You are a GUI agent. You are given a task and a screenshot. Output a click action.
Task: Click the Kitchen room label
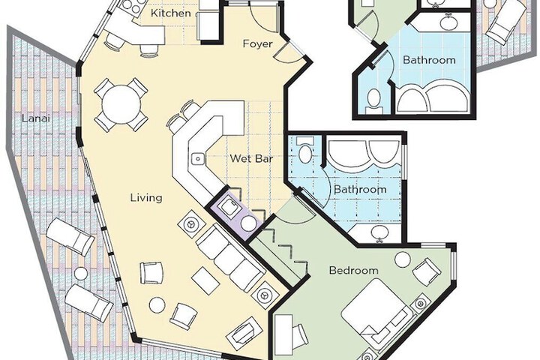click(171, 13)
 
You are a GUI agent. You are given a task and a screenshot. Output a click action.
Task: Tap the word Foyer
click(257, 44)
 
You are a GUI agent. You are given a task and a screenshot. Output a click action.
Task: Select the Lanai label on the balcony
click(36, 118)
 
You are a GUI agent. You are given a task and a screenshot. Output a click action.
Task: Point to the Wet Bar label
click(251, 158)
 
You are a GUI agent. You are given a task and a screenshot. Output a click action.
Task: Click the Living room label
click(146, 198)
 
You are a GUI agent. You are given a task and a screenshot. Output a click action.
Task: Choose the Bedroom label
click(354, 271)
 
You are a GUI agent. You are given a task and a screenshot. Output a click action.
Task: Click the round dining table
click(121, 104)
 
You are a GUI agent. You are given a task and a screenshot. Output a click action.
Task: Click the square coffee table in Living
click(206, 280)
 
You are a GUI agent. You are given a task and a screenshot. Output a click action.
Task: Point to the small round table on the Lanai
click(81, 274)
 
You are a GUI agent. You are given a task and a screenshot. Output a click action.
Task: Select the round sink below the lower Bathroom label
click(379, 233)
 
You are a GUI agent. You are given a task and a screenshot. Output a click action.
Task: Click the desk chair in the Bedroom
click(298, 335)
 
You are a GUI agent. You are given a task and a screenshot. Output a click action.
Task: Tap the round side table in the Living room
click(157, 305)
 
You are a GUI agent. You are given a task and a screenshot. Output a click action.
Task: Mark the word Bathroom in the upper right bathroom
click(429, 60)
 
